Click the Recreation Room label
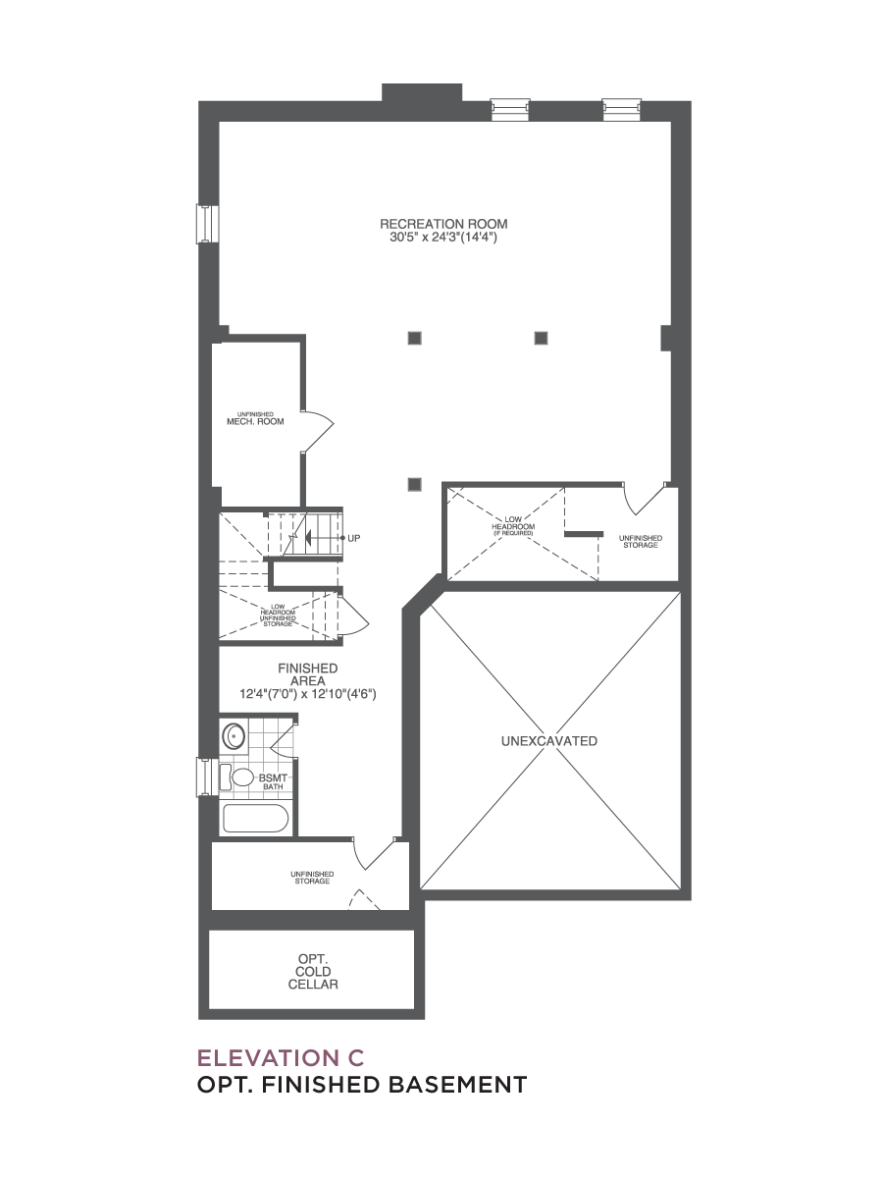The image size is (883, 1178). pyautogui.click(x=443, y=223)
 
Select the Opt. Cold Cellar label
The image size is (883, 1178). pyautogui.click(x=313, y=972)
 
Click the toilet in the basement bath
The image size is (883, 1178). pyautogui.click(x=238, y=777)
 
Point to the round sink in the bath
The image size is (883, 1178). pyautogui.click(x=234, y=735)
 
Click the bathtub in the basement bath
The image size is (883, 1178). pyautogui.click(x=255, y=819)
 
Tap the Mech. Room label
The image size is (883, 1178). pyautogui.click(x=255, y=421)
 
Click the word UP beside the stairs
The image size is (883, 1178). pyautogui.click(x=354, y=538)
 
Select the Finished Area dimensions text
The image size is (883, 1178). pyautogui.click(x=308, y=694)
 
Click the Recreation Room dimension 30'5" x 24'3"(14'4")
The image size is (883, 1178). pyautogui.click(x=443, y=238)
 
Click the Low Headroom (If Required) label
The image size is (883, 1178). pyautogui.click(x=513, y=526)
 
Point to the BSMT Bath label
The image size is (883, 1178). pyautogui.click(x=274, y=781)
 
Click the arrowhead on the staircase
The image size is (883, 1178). pyautogui.click(x=308, y=537)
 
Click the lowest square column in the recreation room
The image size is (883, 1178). pyautogui.click(x=414, y=484)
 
